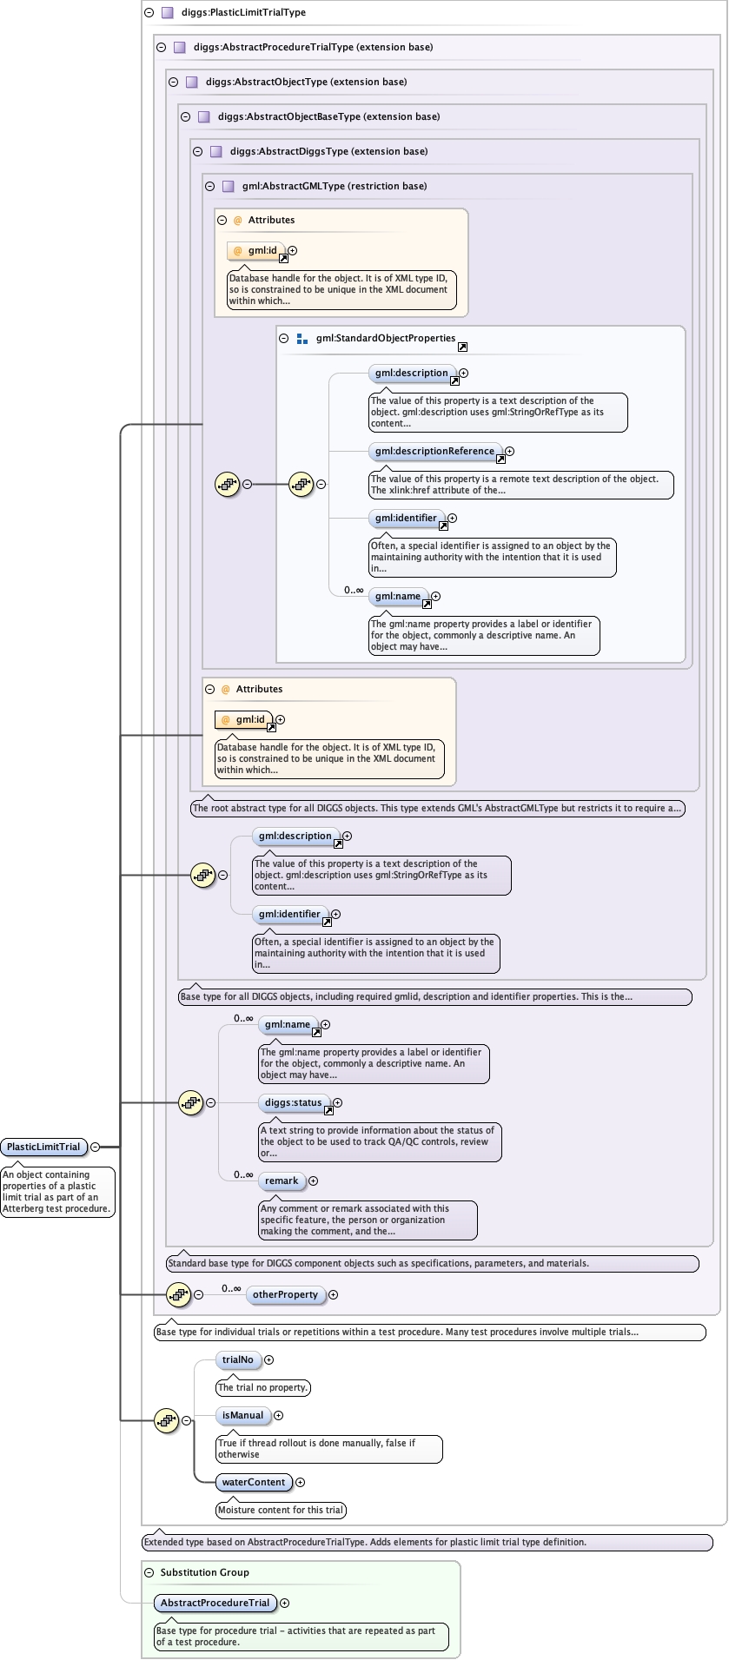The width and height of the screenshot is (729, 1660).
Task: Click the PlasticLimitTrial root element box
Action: tap(43, 1147)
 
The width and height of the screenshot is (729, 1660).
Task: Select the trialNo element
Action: tap(238, 1359)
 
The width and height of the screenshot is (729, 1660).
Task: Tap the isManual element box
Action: tap(242, 1415)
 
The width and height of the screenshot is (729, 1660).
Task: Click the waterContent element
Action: tap(254, 1482)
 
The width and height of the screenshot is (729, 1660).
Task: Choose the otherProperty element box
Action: tap(285, 1294)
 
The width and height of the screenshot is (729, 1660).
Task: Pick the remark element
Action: tap(282, 1181)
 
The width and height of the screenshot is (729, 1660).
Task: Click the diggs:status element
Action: tap(294, 1102)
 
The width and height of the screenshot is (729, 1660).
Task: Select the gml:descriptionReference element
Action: tap(435, 451)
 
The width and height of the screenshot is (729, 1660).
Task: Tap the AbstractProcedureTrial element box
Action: tap(215, 1603)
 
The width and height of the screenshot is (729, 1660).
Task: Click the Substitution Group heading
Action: tap(204, 1572)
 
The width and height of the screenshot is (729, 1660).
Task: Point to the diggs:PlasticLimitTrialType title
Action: tap(243, 12)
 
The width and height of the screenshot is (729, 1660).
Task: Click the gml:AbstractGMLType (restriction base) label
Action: tap(335, 186)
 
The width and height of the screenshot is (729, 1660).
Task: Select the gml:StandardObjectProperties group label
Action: tap(386, 338)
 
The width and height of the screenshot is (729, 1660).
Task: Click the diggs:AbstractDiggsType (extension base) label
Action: tap(328, 151)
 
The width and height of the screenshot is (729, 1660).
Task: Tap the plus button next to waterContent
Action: tap(301, 1482)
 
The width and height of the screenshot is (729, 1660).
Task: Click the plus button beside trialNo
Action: tap(268, 1359)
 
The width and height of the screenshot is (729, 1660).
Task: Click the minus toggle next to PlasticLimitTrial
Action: tap(95, 1147)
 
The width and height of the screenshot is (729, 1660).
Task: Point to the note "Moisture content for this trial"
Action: tap(281, 1510)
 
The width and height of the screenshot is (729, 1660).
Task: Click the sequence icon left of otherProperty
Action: tap(178, 1294)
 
